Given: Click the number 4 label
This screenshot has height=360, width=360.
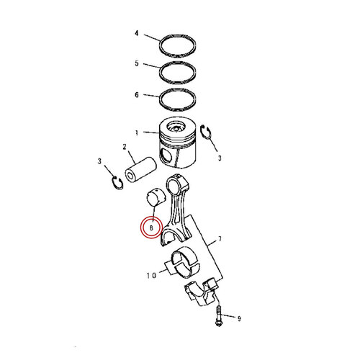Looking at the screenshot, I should pos(135,34).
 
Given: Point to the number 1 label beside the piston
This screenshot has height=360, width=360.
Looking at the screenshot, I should pos(135,133).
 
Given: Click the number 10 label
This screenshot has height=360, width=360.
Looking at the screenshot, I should pos(153,274).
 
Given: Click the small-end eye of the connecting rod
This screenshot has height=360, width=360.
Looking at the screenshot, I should pos(177,186).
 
